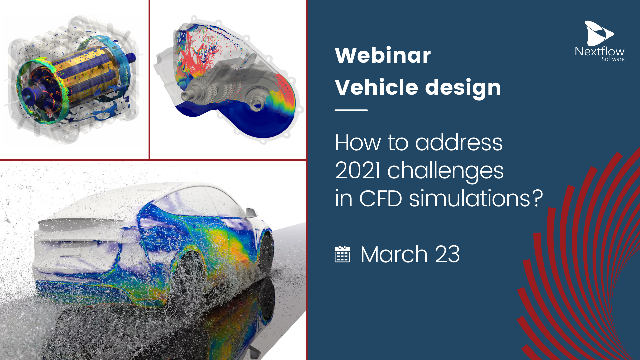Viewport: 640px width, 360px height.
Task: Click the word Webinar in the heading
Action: click(x=383, y=55)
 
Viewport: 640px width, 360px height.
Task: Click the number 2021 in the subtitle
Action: click(x=358, y=170)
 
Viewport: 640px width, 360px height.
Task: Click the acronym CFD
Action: click(x=380, y=199)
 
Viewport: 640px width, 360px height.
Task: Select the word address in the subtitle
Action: click(x=459, y=143)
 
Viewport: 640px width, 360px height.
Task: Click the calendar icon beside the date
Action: click(x=342, y=254)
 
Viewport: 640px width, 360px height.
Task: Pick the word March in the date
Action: click(x=394, y=255)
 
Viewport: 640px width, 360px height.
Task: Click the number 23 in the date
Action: click(x=447, y=255)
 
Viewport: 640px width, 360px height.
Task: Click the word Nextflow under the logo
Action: click(x=600, y=52)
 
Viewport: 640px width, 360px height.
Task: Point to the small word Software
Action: click(x=613, y=59)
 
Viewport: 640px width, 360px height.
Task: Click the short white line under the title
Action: click(x=351, y=110)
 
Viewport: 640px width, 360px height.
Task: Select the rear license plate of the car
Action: click(x=70, y=249)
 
